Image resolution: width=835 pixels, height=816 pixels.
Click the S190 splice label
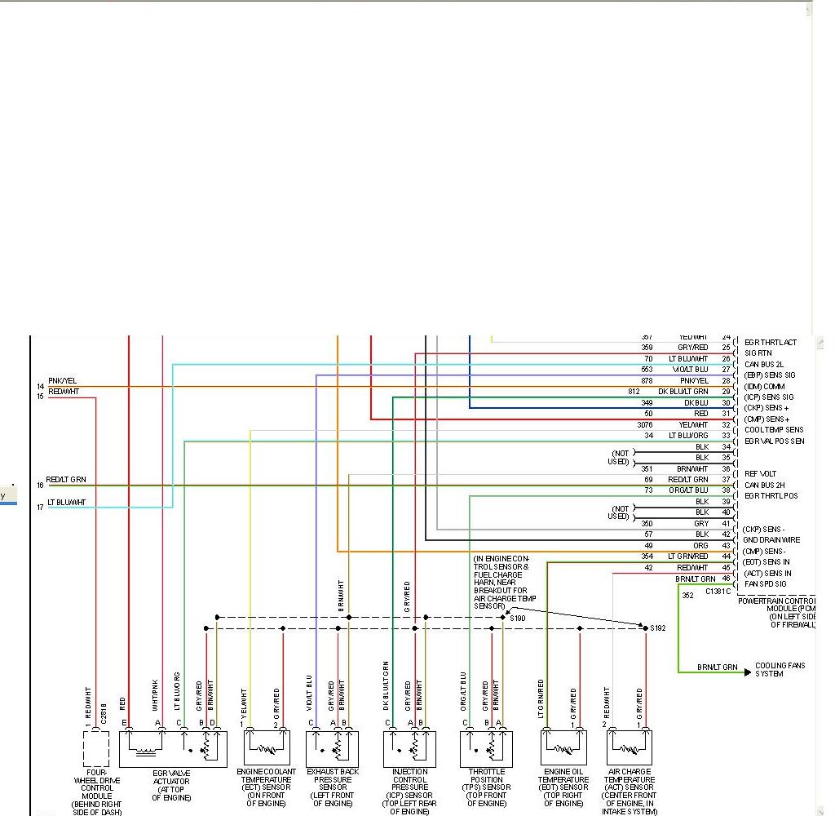click(518, 619)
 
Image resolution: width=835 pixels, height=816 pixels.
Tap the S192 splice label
click(658, 628)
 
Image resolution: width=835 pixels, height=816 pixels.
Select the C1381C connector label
click(718, 590)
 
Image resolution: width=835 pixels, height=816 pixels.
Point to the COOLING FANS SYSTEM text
click(780, 670)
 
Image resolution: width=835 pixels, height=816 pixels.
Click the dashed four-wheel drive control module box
click(96, 748)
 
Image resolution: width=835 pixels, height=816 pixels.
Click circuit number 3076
click(645, 425)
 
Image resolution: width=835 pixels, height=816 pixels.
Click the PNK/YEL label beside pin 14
click(62, 381)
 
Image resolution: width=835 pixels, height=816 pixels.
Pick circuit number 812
click(634, 392)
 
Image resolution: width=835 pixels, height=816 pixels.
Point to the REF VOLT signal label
click(760, 474)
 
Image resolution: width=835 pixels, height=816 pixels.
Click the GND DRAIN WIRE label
click(771, 540)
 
